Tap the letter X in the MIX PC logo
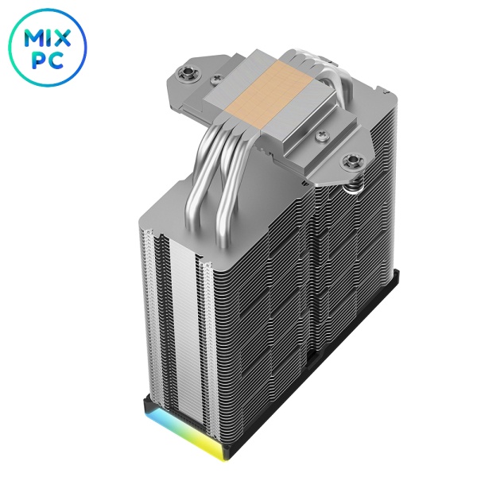pos(62,37)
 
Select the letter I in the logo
pos(50,38)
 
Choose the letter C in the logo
pos(56,60)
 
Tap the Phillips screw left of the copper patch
pos(216,79)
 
